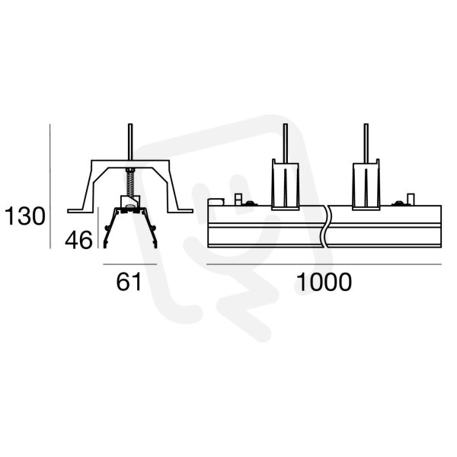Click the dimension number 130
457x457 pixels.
pyautogui.click(x=25, y=216)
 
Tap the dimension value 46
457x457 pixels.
pyautogui.click(x=78, y=240)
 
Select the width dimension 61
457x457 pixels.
pyautogui.click(x=129, y=282)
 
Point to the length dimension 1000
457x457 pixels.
pyautogui.click(x=324, y=282)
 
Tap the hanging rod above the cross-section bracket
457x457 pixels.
pyautogui.click(x=130, y=142)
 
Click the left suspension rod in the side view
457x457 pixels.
pyautogui.click(x=286, y=142)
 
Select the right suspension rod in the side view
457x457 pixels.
pyautogui.click(x=366, y=142)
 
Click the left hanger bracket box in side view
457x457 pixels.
pyautogui.click(x=286, y=184)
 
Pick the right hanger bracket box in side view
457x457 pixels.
pyautogui.click(x=366, y=184)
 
